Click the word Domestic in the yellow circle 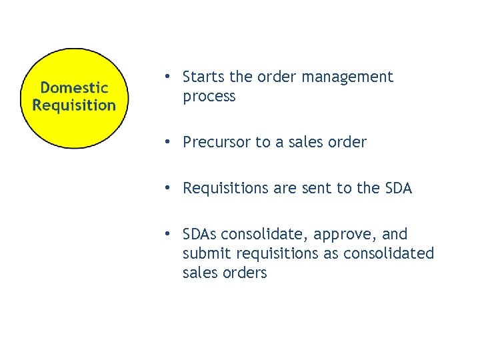[74, 87]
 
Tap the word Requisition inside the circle [74, 105]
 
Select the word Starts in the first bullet [203, 77]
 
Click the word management [347, 77]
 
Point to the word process [209, 97]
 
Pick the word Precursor [216, 142]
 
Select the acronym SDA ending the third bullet [398, 189]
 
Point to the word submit [203, 254]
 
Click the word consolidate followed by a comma [264, 235]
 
